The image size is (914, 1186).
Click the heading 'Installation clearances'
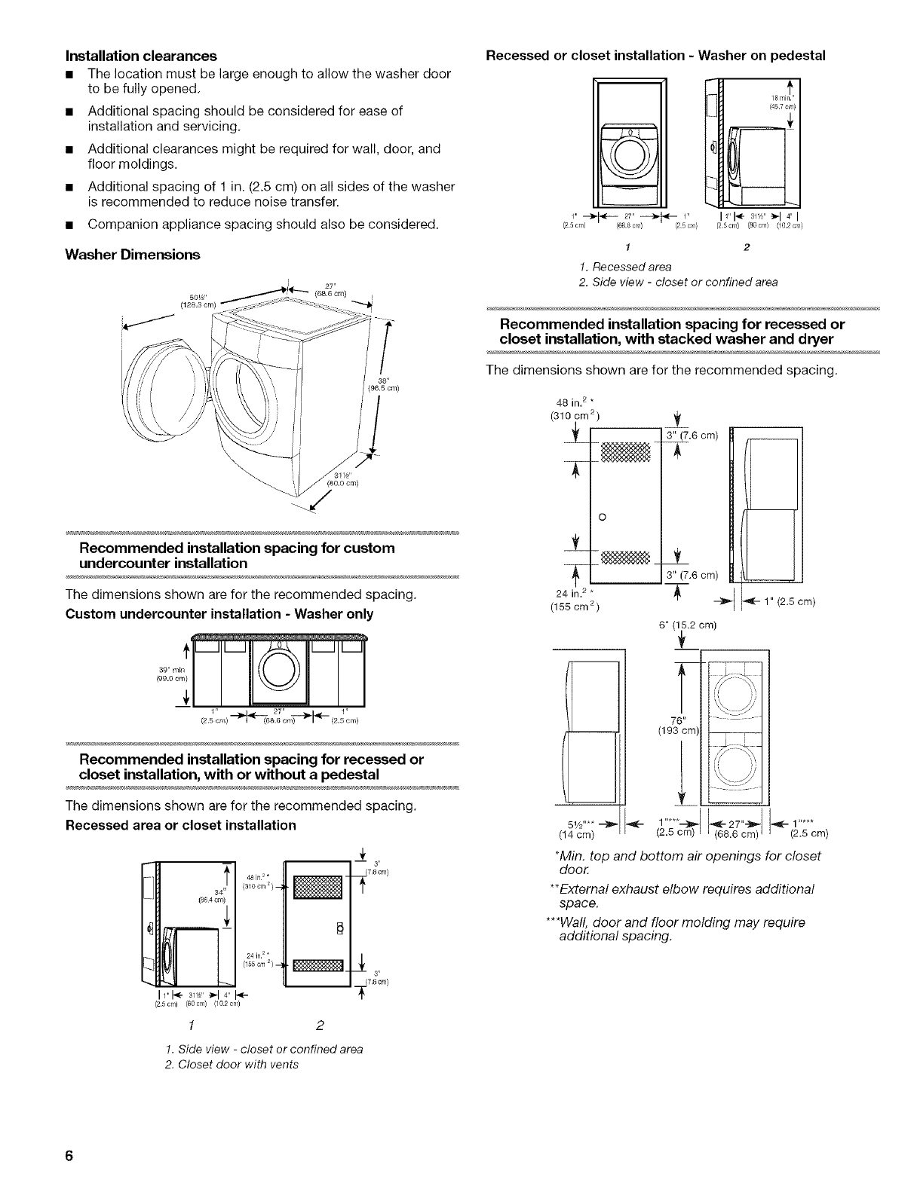tap(142, 56)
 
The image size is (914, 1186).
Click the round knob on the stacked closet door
tap(601, 516)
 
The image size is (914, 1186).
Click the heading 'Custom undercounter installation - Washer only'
tap(219, 613)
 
